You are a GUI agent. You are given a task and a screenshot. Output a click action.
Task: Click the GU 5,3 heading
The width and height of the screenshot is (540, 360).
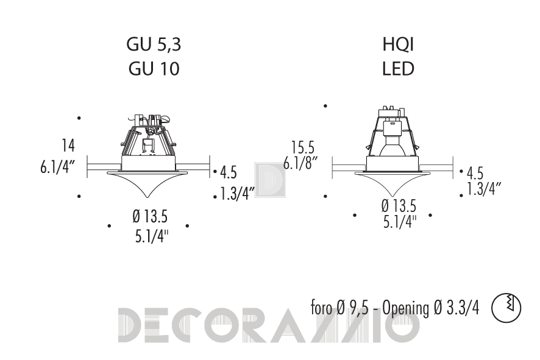pyautogui.click(x=154, y=44)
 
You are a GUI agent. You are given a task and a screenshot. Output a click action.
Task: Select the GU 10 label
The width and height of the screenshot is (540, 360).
pyautogui.click(x=154, y=68)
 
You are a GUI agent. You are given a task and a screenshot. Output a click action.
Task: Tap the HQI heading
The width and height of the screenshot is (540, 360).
pyautogui.click(x=398, y=44)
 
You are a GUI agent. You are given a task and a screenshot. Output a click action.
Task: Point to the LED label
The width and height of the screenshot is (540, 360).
pyautogui.click(x=398, y=68)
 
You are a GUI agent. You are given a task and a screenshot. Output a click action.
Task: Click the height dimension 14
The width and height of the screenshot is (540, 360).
pyautogui.click(x=68, y=146)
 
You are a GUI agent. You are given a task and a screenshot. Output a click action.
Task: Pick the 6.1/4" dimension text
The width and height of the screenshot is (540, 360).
pyautogui.click(x=57, y=168)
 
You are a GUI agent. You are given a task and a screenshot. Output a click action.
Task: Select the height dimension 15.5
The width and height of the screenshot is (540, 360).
pyautogui.click(x=303, y=147)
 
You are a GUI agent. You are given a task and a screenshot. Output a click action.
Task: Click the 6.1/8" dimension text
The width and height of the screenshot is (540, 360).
pyautogui.click(x=300, y=163)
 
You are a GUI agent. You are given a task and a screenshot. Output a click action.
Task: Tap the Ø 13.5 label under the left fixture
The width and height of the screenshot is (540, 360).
pyautogui.click(x=150, y=216)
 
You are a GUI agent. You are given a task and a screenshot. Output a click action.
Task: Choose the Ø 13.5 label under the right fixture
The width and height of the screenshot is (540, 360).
pyautogui.click(x=399, y=206)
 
